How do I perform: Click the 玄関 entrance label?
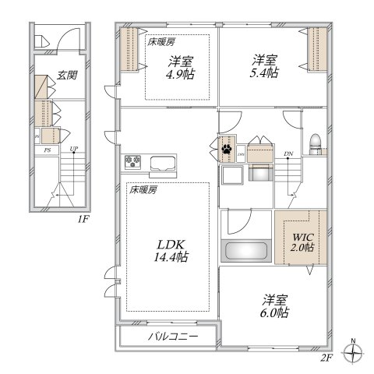pyautogui.click(x=67, y=76)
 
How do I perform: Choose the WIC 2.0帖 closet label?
pyautogui.click(x=302, y=242)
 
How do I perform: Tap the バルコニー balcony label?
pyautogui.click(x=172, y=337)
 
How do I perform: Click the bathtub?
pyautogui.click(x=245, y=252)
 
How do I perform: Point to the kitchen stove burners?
pyautogui.click(x=132, y=163)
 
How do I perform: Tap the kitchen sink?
pyautogui.click(x=164, y=164)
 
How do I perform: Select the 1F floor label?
pyautogui.click(x=83, y=220)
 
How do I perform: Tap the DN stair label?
pyautogui.click(x=289, y=153)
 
